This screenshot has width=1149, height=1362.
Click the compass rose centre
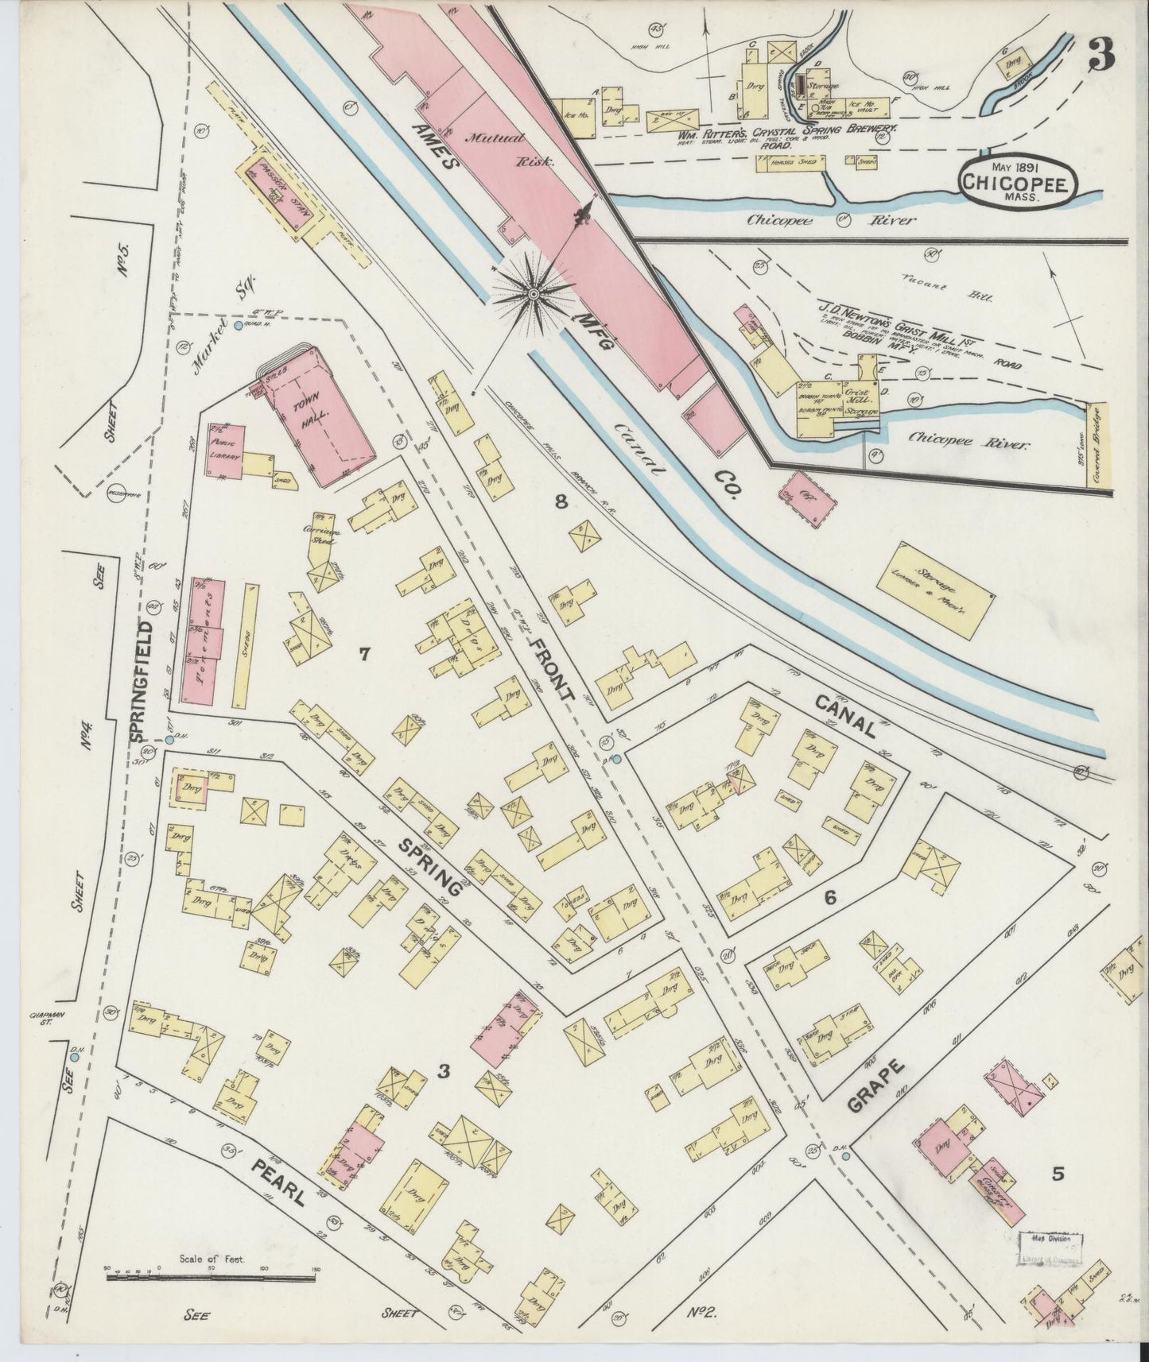[x=533, y=295]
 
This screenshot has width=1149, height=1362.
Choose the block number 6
[x=830, y=898]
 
